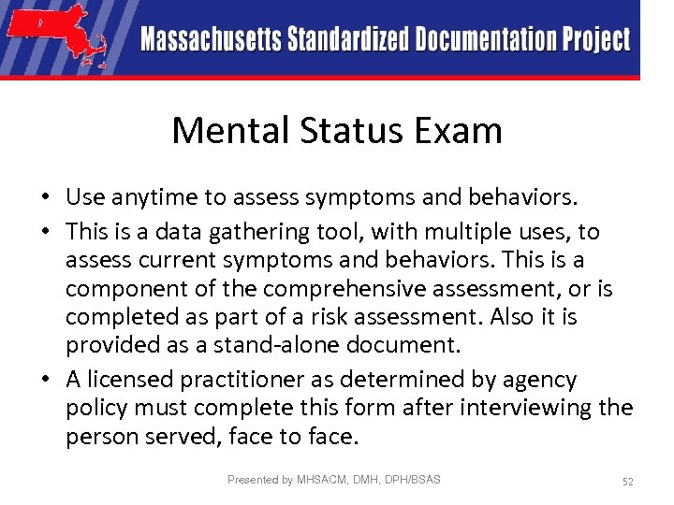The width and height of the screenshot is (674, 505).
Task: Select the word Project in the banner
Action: coord(596,40)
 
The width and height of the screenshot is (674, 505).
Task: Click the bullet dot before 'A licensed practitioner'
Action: coord(45,380)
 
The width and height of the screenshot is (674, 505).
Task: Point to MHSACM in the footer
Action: coord(321,480)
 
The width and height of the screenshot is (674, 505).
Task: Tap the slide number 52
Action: coord(627,481)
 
